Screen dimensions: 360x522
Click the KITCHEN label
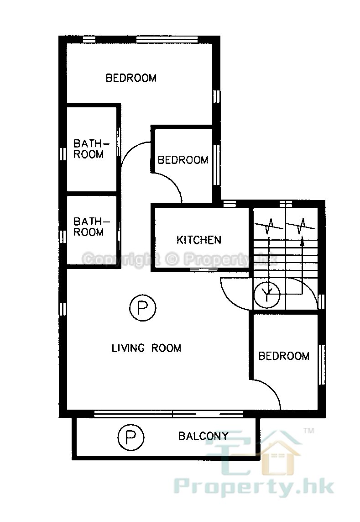[x=198, y=240]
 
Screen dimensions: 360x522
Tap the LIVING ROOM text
[x=146, y=348]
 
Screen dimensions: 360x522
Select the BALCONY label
[x=203, y=436]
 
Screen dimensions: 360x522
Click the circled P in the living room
[x=142, y=308]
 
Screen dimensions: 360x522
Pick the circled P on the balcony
[x=131, y=437]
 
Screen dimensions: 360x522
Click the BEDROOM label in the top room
[x=131, y=78]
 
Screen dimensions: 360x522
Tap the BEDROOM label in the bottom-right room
[x=284, y=356]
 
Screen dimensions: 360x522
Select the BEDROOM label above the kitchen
[x=183, y=160]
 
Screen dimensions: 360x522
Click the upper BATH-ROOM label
[x=91, y=149]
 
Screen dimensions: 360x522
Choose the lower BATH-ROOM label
[x=91, y=227]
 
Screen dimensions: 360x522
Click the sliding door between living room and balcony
[x=168, y=414]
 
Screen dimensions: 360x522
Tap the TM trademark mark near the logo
[x=309, y=431]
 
